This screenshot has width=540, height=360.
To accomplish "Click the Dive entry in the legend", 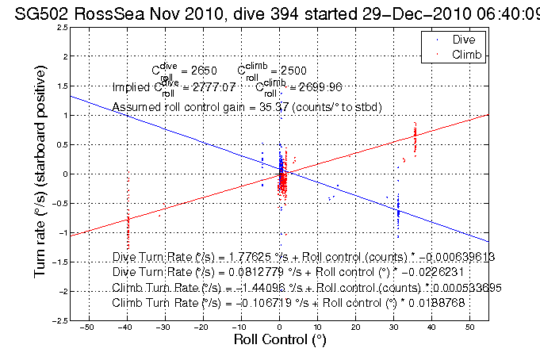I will click(463, 38).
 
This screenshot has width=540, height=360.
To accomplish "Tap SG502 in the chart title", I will click(38, 10).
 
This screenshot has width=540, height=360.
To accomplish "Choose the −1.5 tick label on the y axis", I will click(59, 262).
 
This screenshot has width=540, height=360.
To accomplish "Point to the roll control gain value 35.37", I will click(278, 106).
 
